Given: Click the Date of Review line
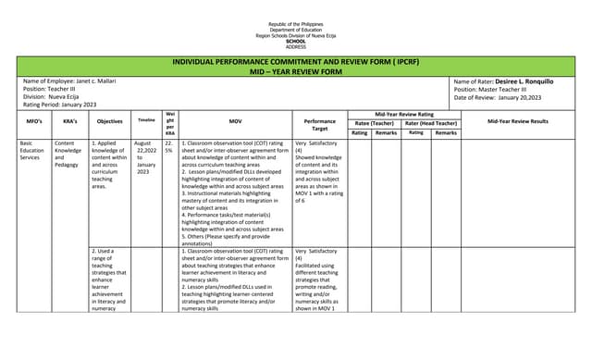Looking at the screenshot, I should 498,97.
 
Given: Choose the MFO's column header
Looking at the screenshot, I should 33,121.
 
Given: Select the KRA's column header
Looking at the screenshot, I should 69,121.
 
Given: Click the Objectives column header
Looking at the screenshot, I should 109,121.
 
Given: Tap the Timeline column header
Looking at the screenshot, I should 146,120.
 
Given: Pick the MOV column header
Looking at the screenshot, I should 234,121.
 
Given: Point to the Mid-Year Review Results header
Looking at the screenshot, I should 517,121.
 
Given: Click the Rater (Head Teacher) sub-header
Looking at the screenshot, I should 432,122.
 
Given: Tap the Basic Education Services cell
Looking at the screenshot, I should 33,151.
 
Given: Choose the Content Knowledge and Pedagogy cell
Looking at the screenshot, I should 68,155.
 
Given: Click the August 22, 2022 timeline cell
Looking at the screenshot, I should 146,158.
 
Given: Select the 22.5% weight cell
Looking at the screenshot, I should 169,147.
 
